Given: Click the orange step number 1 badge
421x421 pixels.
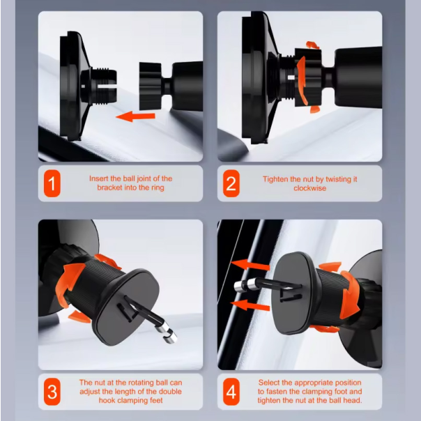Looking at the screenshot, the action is click(x=52, y=183).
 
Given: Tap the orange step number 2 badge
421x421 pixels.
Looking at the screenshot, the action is click(x=231, y=183).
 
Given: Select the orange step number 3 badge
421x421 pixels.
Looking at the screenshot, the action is click(x=52, y=392).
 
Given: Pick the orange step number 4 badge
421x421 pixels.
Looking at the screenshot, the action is click(x=231, y=392).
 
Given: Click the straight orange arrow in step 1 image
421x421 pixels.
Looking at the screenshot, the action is click(x=136, y=116).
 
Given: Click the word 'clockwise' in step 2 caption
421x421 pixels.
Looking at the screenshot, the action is click(x=310, y=188).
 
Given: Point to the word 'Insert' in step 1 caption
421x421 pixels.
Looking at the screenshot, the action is click(x=98, y=178).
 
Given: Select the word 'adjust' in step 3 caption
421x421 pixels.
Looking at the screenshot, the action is click(x=89, y=392).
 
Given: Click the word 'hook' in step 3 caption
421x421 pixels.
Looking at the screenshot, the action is click(x=107, y=400).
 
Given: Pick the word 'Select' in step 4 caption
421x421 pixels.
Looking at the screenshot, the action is click(x=268, y=383).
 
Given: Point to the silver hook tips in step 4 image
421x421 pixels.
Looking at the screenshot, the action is click(x=245, y=285).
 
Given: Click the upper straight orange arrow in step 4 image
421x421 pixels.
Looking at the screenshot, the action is click(x=250, y=265).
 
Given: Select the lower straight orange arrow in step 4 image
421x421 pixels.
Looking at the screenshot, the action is click(x=250, y=305).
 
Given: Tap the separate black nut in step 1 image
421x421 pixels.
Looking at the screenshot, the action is click(x=151, y=86).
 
